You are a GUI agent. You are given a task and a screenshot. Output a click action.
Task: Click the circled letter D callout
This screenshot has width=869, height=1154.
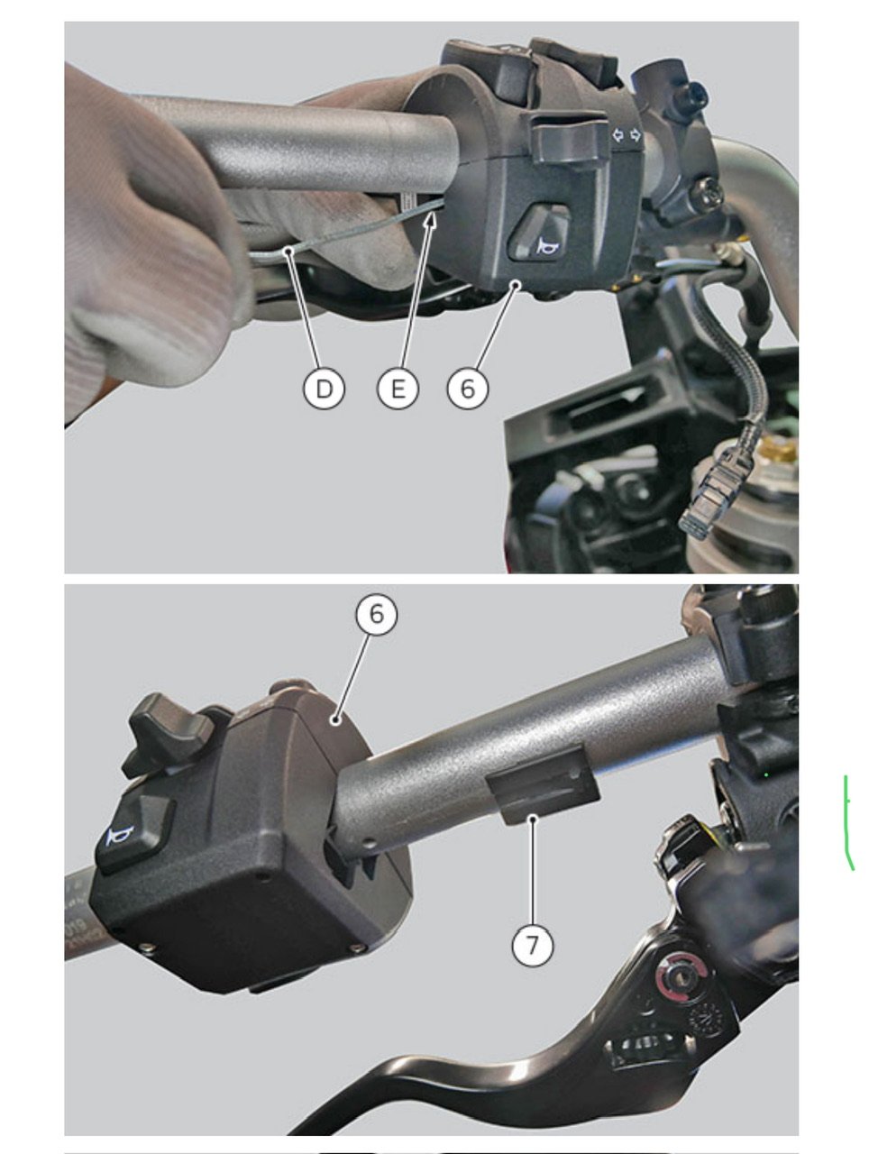point(324,389)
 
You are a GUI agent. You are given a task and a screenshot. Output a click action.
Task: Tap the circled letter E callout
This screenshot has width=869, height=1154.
point(398,389)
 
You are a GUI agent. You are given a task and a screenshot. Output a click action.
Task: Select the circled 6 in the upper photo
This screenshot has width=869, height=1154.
point(467,389)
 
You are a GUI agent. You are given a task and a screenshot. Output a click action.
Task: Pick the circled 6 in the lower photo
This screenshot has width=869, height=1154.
point(377,614)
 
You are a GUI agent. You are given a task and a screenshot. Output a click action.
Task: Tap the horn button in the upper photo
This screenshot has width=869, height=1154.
point(537,233)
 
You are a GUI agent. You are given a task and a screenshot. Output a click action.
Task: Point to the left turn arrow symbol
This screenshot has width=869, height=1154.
point(617,135)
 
